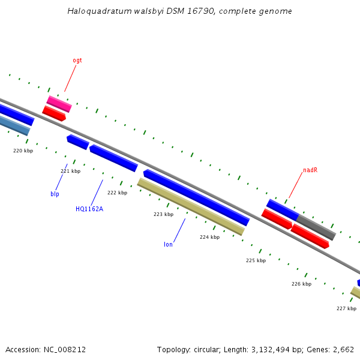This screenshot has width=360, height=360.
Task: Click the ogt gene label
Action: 77,60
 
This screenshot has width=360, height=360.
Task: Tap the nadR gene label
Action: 310,170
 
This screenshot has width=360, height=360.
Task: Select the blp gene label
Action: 55,194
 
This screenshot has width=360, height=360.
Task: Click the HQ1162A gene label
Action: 89,209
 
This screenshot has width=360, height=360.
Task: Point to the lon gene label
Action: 169,244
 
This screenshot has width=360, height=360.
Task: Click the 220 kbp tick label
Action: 23,151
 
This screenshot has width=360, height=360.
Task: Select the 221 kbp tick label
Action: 70,171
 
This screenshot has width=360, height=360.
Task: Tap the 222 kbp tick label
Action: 117,193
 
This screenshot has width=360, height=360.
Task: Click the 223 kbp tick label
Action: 163,214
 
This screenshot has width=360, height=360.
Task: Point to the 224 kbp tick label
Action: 209,237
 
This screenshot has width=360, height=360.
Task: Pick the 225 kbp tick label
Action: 256,260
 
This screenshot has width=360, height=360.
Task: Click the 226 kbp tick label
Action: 301,284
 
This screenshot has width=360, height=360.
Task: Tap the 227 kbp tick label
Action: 346,308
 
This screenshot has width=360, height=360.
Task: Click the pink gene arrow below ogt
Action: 59,104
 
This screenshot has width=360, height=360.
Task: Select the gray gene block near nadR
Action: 316,227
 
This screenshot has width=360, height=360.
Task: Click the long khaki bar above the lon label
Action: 191,206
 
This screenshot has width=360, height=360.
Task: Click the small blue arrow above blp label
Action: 78,142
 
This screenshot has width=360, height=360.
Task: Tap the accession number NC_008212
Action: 64,349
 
